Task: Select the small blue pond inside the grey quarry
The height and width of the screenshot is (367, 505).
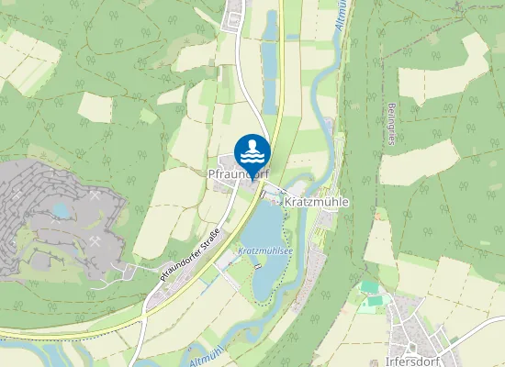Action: click(62, 211)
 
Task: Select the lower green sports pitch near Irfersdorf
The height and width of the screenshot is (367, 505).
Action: click(372, 301)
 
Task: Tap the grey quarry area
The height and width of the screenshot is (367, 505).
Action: click(37, 229)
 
